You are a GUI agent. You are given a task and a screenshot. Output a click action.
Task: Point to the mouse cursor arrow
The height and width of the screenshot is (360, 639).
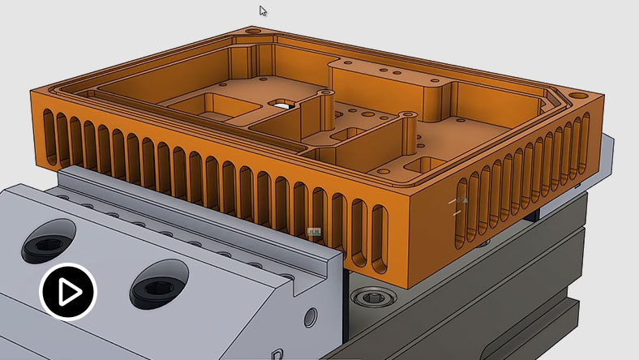[264, 11]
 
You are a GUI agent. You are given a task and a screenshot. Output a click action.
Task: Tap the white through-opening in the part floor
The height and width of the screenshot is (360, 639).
[283, 104]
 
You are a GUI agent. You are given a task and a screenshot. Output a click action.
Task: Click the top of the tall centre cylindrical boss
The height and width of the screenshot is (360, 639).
[326, 94]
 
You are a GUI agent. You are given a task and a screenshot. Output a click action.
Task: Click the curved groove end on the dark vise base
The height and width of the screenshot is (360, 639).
[567, 309]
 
